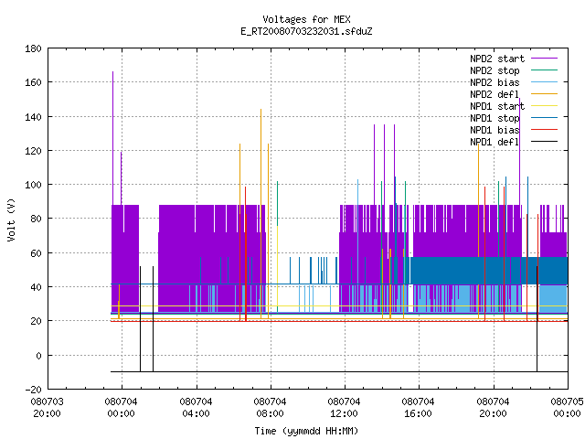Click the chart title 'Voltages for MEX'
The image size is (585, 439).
(306, 19)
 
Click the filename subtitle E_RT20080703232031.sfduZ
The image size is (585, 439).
(306, 31)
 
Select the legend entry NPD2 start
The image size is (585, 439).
(514, 59)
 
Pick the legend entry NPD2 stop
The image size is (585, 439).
(514, 70)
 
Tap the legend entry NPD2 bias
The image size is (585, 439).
(514, 82)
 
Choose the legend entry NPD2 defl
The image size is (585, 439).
(514, 94)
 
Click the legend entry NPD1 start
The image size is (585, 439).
(514, 106)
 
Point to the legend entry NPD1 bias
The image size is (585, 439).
(514, 130)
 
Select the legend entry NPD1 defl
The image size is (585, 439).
(514, 142)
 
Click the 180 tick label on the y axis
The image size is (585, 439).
(33, 48)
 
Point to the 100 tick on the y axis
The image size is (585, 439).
(33, 185)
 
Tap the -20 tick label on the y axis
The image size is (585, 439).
(33, 390)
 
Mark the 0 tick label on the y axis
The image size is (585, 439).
(38, 356)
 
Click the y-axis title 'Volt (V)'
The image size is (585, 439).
(11, 219)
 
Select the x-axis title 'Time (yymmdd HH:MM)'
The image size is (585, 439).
(306, 431)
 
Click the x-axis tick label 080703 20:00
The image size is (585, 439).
(47, 408)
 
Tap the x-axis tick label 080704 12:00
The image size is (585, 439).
(344, 408)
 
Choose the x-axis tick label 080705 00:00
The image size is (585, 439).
(567, 408)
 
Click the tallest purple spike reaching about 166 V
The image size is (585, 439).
(113, 138)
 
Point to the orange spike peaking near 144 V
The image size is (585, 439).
(261, 213)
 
